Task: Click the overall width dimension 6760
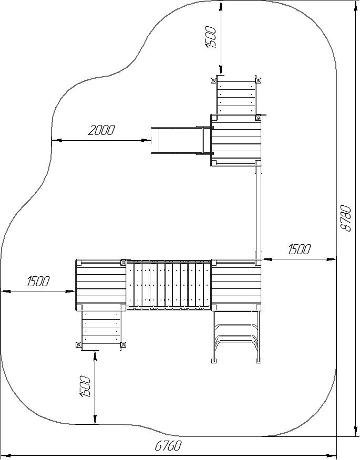pyautogui.click(x=168, y=446)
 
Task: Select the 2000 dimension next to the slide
pyautogui.click(x=101, y=130)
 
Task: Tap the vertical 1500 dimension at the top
pyautogui.click(x=211, y=37)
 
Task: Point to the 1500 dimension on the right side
pyautogui.click(x=299, y=249)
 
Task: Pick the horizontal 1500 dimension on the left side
pyautogui.click(x=38, y=281)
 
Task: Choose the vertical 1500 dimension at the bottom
pyautogui.click(x=85, y=386)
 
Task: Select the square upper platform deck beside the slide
pyautogui.click(x=236, y=141)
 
